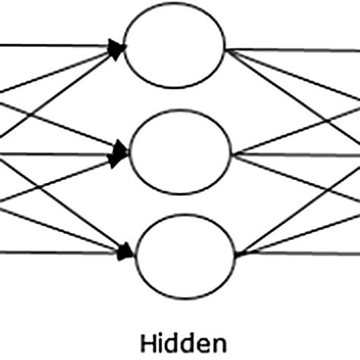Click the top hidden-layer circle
[175, 47]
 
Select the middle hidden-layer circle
[181, 151]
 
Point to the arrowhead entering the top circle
[116, 49]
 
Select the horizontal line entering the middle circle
[46, 153]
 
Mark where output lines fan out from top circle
[227, 50]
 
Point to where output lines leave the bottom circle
[236, 254]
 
